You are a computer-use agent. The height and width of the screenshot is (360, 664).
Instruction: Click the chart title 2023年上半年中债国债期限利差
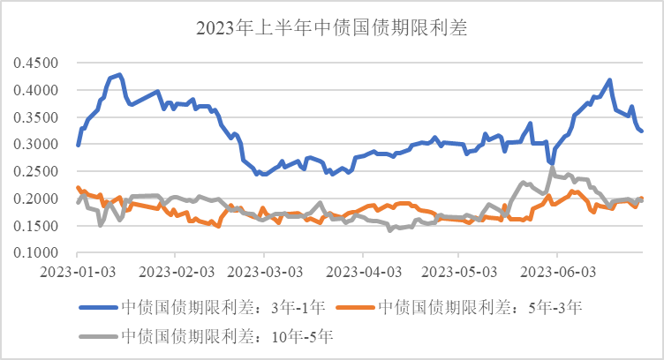pos(331,29)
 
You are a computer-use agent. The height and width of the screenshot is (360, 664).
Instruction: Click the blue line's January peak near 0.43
pos(119,75)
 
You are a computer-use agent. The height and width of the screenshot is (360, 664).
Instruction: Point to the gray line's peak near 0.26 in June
pos(553,168)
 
